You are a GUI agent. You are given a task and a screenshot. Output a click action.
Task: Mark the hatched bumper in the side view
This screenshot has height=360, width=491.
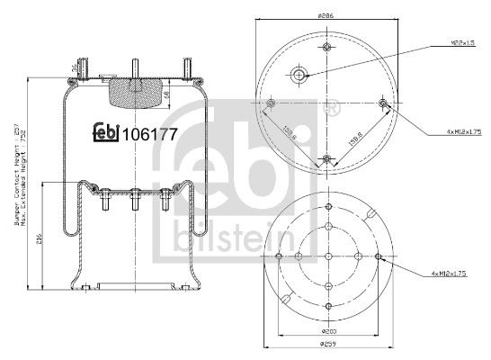tap(131, 91)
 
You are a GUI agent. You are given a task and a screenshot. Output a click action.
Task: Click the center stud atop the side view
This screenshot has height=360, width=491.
tap(132, 68)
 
